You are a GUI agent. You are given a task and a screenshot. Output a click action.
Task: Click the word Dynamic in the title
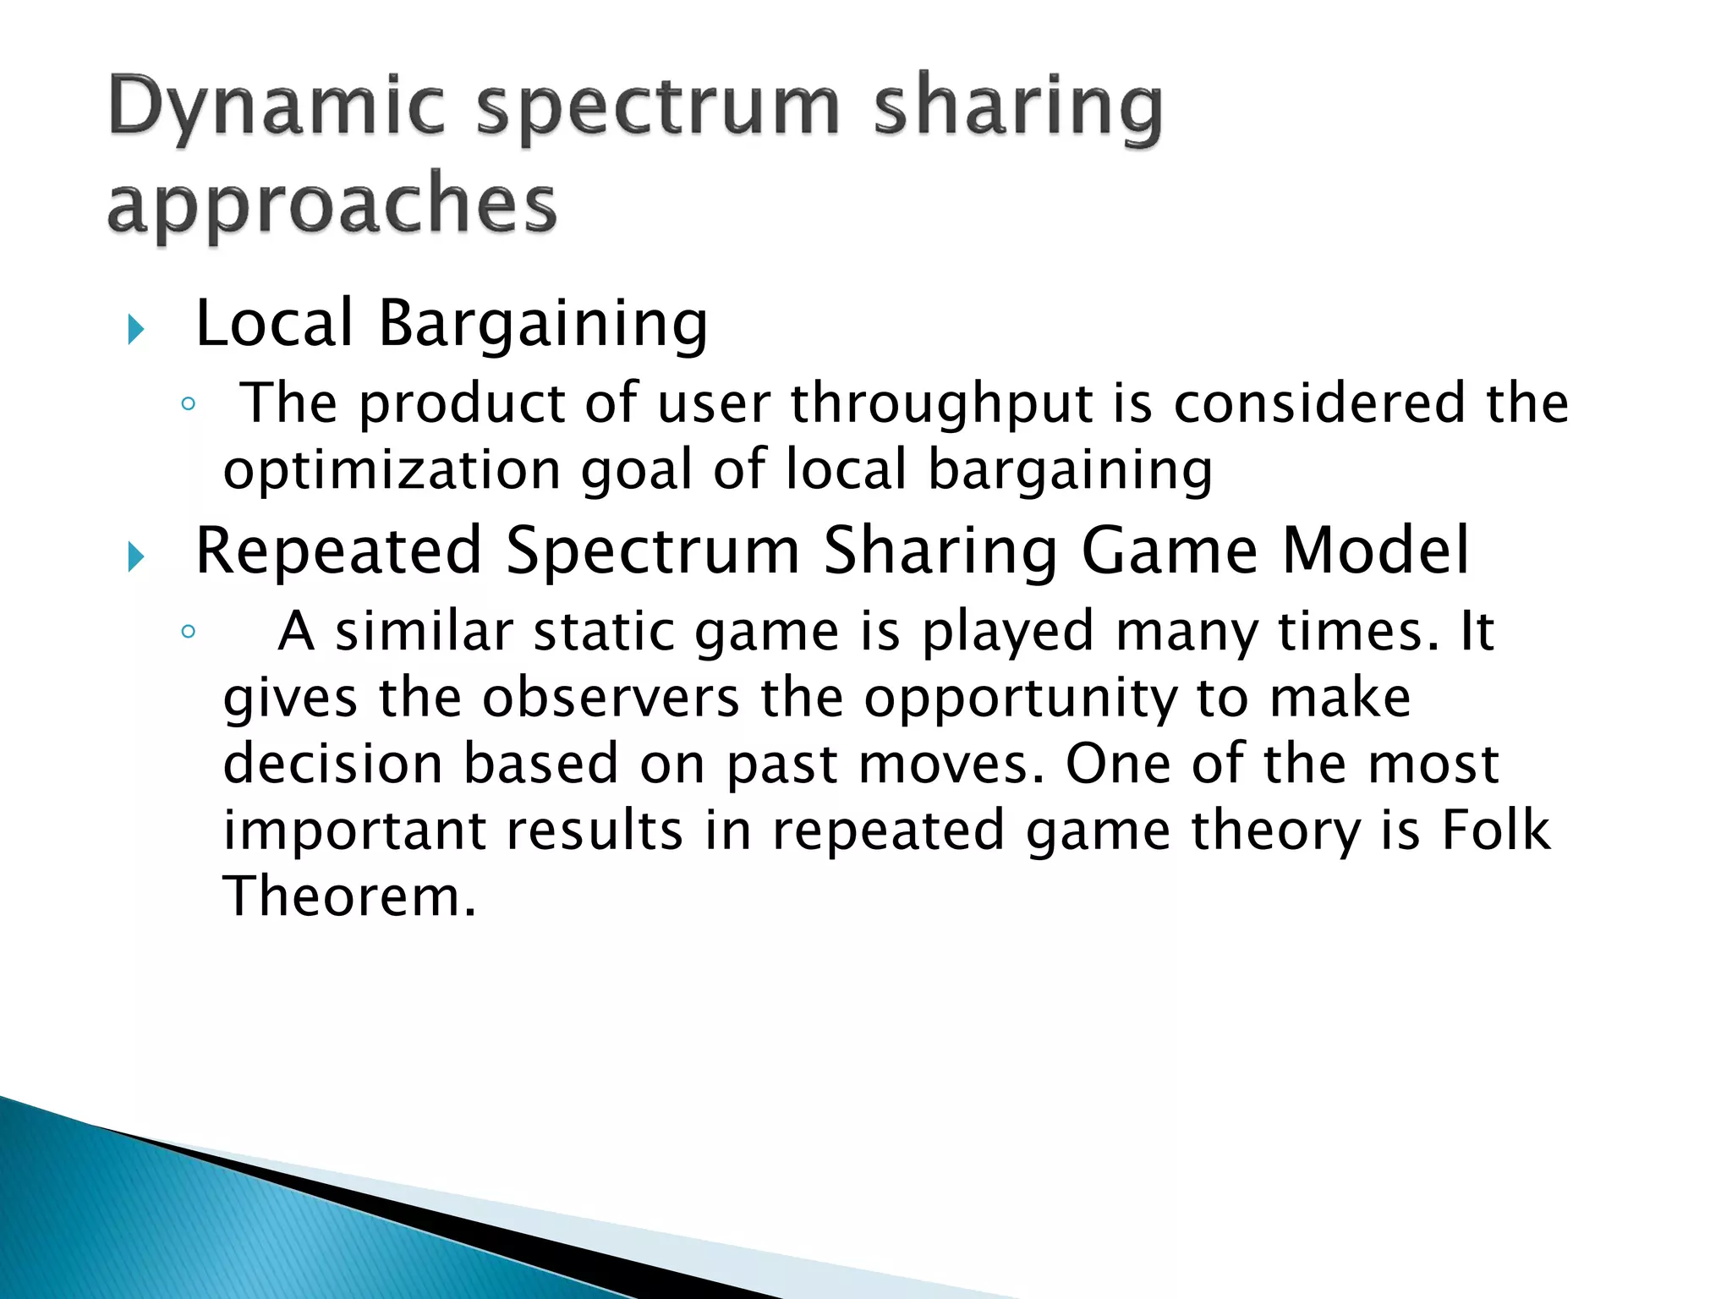276,107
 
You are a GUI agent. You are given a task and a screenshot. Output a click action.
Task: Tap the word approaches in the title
332,206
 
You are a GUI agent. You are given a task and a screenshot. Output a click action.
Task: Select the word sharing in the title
1017,107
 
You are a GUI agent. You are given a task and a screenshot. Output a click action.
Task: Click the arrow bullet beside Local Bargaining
135,329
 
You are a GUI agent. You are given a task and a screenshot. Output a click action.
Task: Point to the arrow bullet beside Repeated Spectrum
135,556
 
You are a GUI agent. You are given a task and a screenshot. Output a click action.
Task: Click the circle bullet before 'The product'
188,404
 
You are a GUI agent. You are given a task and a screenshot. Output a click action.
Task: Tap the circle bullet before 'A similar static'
188,632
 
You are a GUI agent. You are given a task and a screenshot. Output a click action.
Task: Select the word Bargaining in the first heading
542,325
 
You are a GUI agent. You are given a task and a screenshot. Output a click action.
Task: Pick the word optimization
392,470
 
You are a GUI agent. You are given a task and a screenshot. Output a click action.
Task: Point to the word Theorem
349,896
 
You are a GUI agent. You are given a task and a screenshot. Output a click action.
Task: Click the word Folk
1495,830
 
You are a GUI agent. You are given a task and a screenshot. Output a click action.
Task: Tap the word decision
332,764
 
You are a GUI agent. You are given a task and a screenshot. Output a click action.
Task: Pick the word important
354,831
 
